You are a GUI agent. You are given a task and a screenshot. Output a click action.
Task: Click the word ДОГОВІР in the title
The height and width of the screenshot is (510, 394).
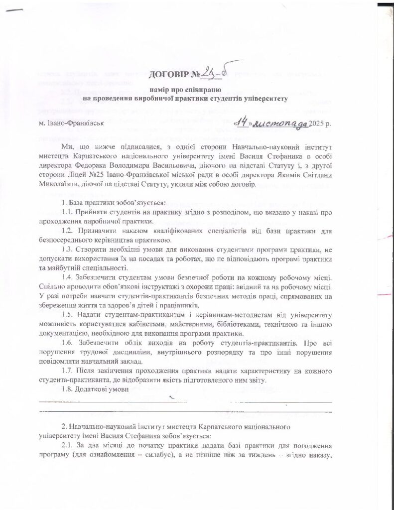167,75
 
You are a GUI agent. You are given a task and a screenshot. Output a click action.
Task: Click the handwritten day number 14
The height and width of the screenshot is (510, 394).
243,121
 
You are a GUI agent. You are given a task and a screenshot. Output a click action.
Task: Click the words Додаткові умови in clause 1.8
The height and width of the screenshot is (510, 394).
103,389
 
